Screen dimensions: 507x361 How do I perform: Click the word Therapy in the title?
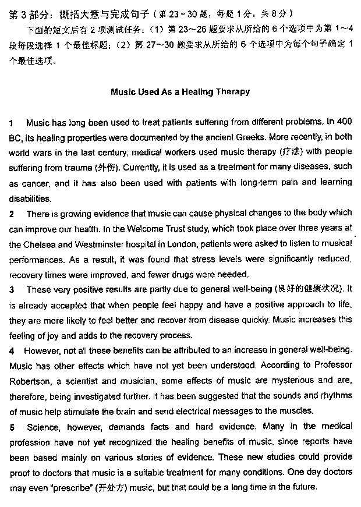tap(233, 91)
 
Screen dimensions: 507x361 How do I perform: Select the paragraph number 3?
tap(12, 289)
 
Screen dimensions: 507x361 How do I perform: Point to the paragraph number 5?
tap(12, 427)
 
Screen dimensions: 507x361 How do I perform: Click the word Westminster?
tap(101, 244)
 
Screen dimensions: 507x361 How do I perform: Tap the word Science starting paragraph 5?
tap(43, 427)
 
